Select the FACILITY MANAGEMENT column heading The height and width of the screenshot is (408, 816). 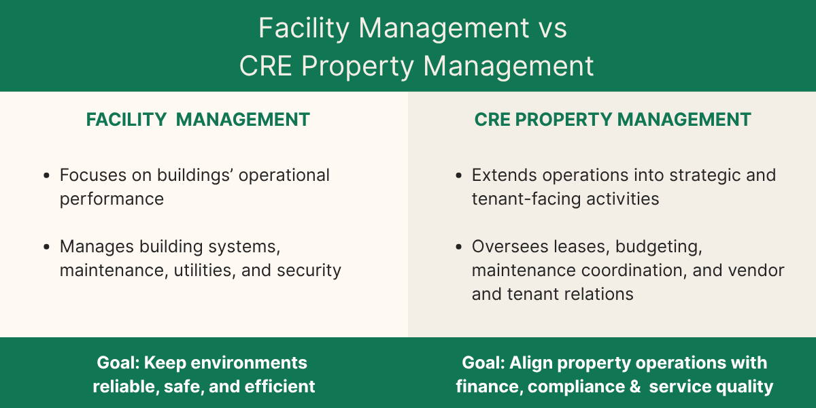(198, 120)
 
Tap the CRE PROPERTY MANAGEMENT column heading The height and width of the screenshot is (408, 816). (613, 120)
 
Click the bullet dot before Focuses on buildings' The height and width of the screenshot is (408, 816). (46, 175)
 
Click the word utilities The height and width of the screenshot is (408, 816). (200, 270)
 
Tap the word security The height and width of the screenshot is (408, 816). (309, 270)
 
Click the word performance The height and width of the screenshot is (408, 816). (112, 199)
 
